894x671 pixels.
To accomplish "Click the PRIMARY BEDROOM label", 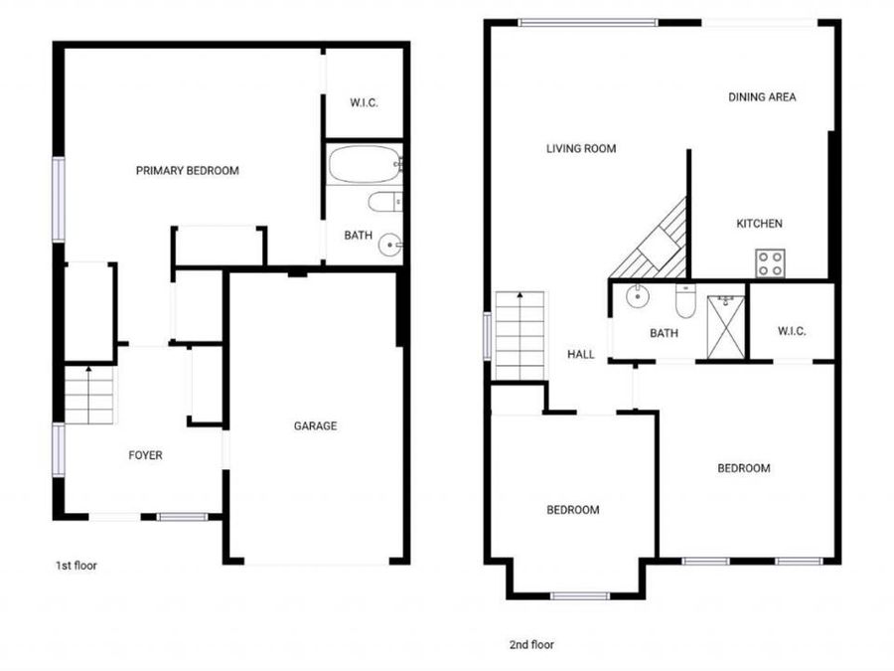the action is tap(187, 171).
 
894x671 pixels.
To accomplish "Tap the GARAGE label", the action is tap(315, 425).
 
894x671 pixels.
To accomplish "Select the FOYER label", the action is tap(145, 455).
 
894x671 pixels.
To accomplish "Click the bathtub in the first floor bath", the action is tap(366, 164).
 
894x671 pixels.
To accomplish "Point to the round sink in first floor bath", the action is tap(390, 246).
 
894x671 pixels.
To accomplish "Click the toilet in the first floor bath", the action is tap(385, 202).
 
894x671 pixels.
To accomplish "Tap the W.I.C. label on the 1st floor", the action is tap(364, 103).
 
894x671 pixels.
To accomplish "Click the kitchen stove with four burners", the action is tap(770, 263).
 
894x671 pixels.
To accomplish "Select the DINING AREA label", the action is tap(762, 97).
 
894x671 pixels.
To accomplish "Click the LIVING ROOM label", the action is tap(581, 149).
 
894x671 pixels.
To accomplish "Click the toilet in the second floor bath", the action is tap(684, 300).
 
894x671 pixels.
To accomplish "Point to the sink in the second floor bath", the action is tap(636, 296).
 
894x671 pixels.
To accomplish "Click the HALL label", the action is tap(581, 354).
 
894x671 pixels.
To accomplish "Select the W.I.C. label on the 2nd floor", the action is tap(792, 331).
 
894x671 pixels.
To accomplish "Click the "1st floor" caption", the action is tap(75, 566).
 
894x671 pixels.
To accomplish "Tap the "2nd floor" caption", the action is tap(531, 645).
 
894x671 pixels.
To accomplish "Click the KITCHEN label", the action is tap(760, 224).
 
